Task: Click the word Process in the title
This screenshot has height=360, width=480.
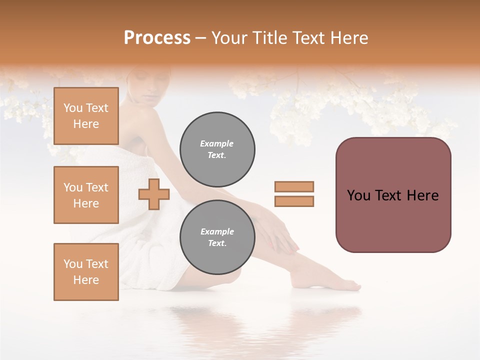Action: click(x=157, y=38)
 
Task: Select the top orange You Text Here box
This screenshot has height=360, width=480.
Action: click(x=86, y=116)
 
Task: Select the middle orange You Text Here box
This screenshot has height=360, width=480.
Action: click(x=86, y=195)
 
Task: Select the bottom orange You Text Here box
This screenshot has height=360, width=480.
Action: click(x=86, y=272)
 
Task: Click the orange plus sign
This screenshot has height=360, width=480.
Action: click(x=153, y=194)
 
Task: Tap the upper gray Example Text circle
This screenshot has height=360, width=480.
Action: click(x=217, y=149)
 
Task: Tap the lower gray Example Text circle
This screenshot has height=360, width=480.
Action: click(x=217, y=237)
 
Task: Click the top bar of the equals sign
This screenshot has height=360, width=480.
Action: click(x=294, y=187)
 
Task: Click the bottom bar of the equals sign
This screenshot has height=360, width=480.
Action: click(x=294, y=201)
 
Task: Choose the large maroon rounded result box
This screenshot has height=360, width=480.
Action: click(x=393, y=195)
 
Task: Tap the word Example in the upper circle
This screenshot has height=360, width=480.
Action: click(x=216, y=143)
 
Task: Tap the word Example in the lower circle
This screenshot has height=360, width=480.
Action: click(x=217, y=231)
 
